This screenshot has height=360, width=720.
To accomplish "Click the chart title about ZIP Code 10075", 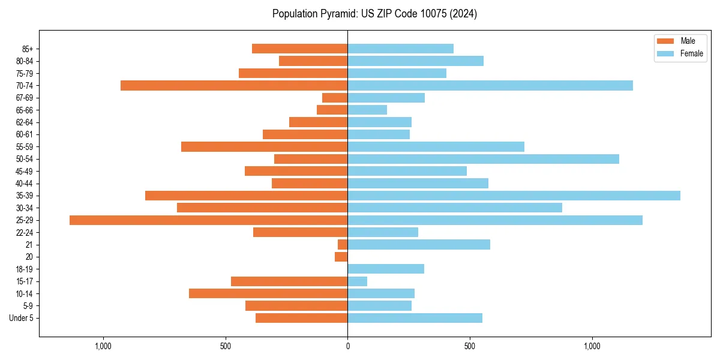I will [x=374, y=14].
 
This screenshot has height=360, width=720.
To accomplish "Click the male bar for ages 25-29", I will [x=208, y=220].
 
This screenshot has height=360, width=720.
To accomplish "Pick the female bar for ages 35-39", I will [x=514, y=196].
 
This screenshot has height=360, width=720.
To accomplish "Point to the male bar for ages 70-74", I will [x=234, y=85].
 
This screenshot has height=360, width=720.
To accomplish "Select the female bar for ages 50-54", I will [x=483, y=159].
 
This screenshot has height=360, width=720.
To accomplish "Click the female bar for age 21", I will [x=419, y=244].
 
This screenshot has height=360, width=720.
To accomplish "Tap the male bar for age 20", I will [x=341, y=257].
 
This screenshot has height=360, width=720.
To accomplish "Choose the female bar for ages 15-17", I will [x=357, y=281].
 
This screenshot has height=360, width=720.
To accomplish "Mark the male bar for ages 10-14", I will [x=268, y=293].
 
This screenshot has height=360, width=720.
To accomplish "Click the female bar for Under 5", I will [x=415, y=318].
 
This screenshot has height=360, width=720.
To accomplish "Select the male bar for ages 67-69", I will [x=335, y=98].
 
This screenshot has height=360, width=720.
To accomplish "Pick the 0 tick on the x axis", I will [x=347, y=346].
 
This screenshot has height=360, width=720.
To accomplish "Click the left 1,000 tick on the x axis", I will [x=103, y=346].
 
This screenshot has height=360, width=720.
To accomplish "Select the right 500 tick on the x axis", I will [x=470, y=346].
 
